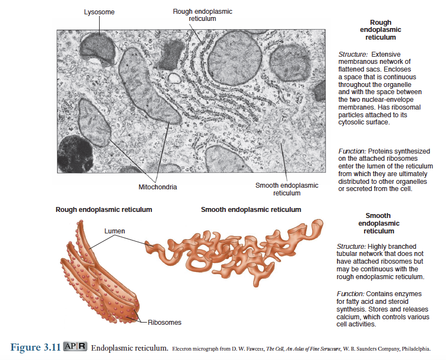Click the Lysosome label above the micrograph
[99, 12]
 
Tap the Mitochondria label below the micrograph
[157, 187]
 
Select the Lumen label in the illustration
[115, 231]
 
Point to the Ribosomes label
[165, 322]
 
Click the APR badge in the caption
[75, 346]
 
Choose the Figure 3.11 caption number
[35, 347]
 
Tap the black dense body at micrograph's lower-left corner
[75, 154]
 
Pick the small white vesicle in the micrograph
[174, 78]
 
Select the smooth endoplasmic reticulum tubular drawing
[234, 252]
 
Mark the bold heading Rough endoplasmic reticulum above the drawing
[104, 210]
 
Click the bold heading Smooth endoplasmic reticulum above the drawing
[251, 210]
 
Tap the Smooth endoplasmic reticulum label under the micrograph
[287, 189]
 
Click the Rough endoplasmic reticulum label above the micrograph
[203, 15]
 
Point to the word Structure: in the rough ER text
[353, 54]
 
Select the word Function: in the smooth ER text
[350, 294]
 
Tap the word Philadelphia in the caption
[416, 348]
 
